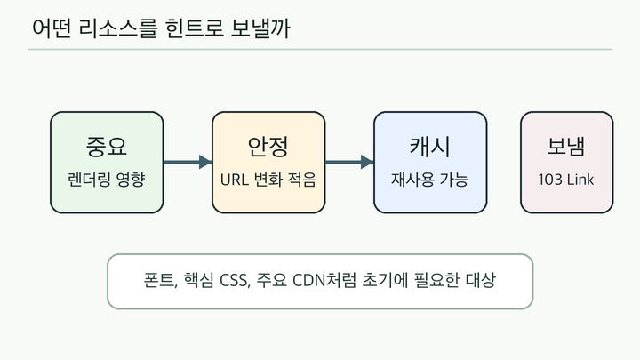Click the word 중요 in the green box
pos(107,146)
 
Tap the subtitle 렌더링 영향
pos(107,180)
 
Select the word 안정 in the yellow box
pos(268,146)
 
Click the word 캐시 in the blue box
pos(430,147)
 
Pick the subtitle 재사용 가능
pos(430,180)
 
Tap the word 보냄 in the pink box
pos(566,146)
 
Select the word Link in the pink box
pos(580,180)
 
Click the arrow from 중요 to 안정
pos(188,162)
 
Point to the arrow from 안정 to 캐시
pos(349,162)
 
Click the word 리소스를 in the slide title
pos(117,28)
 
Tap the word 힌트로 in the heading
pos(195,28)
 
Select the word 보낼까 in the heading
pos(260,28)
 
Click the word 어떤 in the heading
pos(52,28)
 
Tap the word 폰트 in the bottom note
pos(160,280)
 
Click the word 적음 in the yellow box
pos(302,180)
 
